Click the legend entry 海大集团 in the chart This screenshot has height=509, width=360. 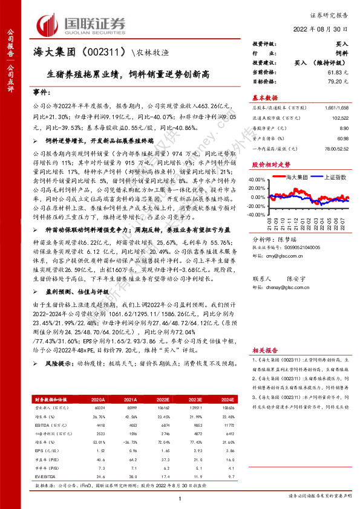[x=298, y=177]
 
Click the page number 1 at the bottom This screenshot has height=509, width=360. [x=180, y=499]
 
